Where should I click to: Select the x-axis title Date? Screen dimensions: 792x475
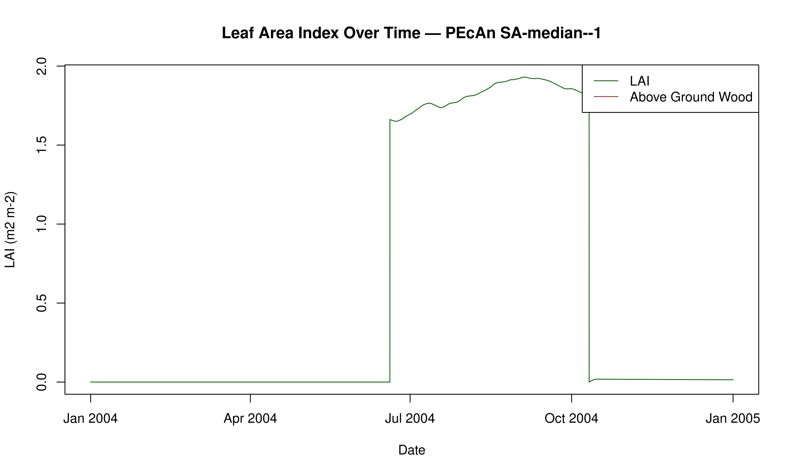[412, 450]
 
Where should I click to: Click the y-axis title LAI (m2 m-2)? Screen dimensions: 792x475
[10, 229]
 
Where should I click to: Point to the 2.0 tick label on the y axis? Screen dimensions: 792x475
[42, 66]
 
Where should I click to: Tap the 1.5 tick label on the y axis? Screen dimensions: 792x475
[42, 145]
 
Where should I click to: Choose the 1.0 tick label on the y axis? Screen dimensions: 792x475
[42, 224]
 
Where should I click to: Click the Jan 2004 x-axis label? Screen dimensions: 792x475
[91, 418]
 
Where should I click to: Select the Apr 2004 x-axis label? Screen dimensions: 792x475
[250, 418]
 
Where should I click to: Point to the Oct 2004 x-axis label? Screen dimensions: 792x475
[571, 418]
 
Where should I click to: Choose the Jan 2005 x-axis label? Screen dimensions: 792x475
[733, 418]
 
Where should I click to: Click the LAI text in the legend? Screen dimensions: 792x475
[640, 81]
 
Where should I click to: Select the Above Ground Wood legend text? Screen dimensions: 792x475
[691, 97]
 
